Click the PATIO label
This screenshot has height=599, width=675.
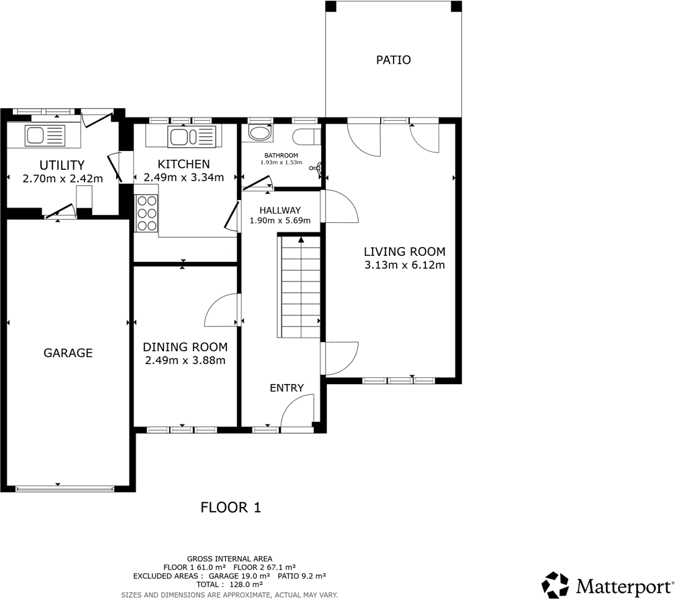click(393, 60)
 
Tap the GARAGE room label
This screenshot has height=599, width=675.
click(68, 353)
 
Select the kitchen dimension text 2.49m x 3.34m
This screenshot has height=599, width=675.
click(183, 179)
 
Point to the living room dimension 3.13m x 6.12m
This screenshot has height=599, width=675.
click(404, 265)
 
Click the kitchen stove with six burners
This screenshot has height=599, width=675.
click(146, 213)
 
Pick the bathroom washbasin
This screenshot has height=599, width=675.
click(259, 132)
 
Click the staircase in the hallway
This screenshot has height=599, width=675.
click(300, 287)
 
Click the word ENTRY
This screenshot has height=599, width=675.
click(287, 388)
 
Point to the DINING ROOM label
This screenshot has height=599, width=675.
click(185, 347)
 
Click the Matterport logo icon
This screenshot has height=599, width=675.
click(555, 584)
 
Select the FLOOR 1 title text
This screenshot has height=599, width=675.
click(230, 508)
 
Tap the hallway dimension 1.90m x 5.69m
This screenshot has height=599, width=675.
click(280, 220)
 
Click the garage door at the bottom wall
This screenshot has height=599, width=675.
click(65, 488)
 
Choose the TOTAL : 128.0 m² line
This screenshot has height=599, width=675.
click(229, 584)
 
